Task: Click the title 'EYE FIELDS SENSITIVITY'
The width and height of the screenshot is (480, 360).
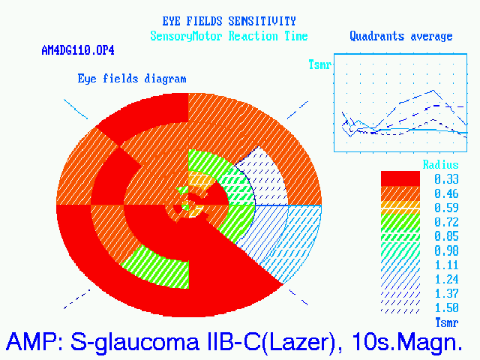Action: pos(229,21)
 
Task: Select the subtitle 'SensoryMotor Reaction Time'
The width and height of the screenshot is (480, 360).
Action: pos(229,36)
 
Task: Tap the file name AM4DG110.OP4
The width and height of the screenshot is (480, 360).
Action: pos(78,50)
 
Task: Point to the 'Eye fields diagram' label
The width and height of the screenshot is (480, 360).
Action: pos(132,79)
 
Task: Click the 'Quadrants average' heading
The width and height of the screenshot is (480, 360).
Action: pos(401,36)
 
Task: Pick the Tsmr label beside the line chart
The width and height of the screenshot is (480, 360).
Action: pos(320,64)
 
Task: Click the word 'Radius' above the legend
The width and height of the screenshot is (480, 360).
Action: pos(440,165)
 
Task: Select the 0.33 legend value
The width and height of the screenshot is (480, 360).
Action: pos(447,179)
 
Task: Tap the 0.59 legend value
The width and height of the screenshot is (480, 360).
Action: pos(447,208)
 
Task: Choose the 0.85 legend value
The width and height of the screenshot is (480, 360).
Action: pos(447,236)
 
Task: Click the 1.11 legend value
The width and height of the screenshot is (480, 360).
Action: pos(447,265)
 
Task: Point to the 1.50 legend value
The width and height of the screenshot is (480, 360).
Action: pos(447,307)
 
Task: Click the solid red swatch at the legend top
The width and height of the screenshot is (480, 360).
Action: pos(400,178)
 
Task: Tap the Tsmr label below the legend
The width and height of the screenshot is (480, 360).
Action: pos(447,322)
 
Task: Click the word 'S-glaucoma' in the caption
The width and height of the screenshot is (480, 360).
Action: pos(135,342)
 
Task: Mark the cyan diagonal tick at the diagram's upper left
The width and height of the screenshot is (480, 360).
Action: pos(76,109)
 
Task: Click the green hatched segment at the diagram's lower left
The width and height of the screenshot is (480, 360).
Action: pos(156,267)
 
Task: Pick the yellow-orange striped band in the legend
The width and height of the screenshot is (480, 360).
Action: pos(400,208)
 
